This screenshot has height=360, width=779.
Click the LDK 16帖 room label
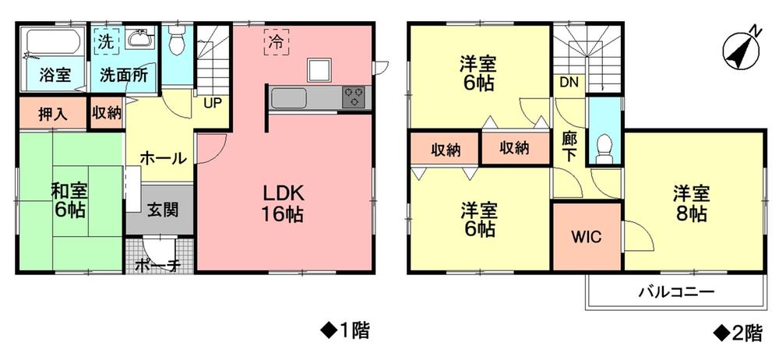pos(282,204)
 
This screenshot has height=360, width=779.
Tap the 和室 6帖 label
pos(70,199)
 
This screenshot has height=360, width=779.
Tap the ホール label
pos(163,158)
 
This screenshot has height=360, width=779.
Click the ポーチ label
pos(158,265)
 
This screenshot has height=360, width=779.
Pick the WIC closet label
pos(586,238)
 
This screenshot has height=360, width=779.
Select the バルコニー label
pos(676,294)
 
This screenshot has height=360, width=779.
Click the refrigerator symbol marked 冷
pos(277,42)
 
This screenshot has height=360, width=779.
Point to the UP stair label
pos(210,101)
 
